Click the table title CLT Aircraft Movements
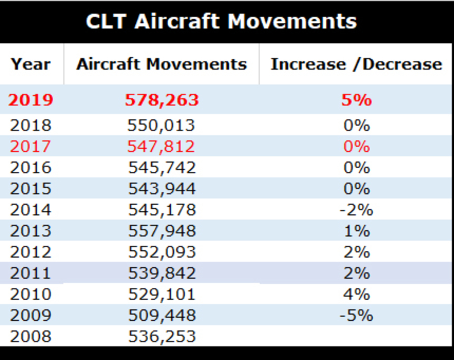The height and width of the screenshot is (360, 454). pos(221,21)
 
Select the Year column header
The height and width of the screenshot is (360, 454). pos(31,64)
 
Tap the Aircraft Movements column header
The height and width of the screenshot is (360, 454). pos(162,64)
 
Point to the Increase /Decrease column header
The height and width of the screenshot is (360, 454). pos(356,64)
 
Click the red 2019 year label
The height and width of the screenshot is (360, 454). pos(31,100)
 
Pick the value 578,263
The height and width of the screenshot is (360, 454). pos(162,100)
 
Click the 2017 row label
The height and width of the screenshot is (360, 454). pos(30,146)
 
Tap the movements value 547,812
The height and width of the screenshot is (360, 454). pos(161,146)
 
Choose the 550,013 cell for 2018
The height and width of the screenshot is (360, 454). pos(161,125)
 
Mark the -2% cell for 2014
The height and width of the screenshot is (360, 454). pos(356,210)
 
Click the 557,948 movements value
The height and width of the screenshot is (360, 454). pos(162,231)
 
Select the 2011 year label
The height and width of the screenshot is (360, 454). pos(30,273)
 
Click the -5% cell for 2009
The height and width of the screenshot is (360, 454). pos(356,315)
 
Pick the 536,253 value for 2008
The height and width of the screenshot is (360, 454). pos(162,336)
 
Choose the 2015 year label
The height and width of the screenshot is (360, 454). pos(30,189)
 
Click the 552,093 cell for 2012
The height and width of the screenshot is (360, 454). pos(162,252)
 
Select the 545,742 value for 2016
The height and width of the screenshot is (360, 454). pos(162,168)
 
